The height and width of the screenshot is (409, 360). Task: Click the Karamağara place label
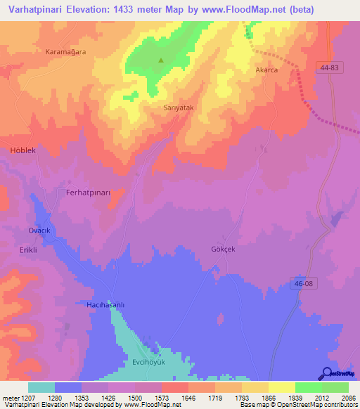click(x=65, y=52)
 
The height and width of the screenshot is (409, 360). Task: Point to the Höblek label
click(x=22, y=150)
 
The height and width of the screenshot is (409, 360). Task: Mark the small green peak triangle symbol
click(x=161, y=60)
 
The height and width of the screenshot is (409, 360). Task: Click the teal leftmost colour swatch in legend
click(x=41, y=387)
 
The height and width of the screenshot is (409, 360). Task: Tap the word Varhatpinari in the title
click(x=36, y=10)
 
